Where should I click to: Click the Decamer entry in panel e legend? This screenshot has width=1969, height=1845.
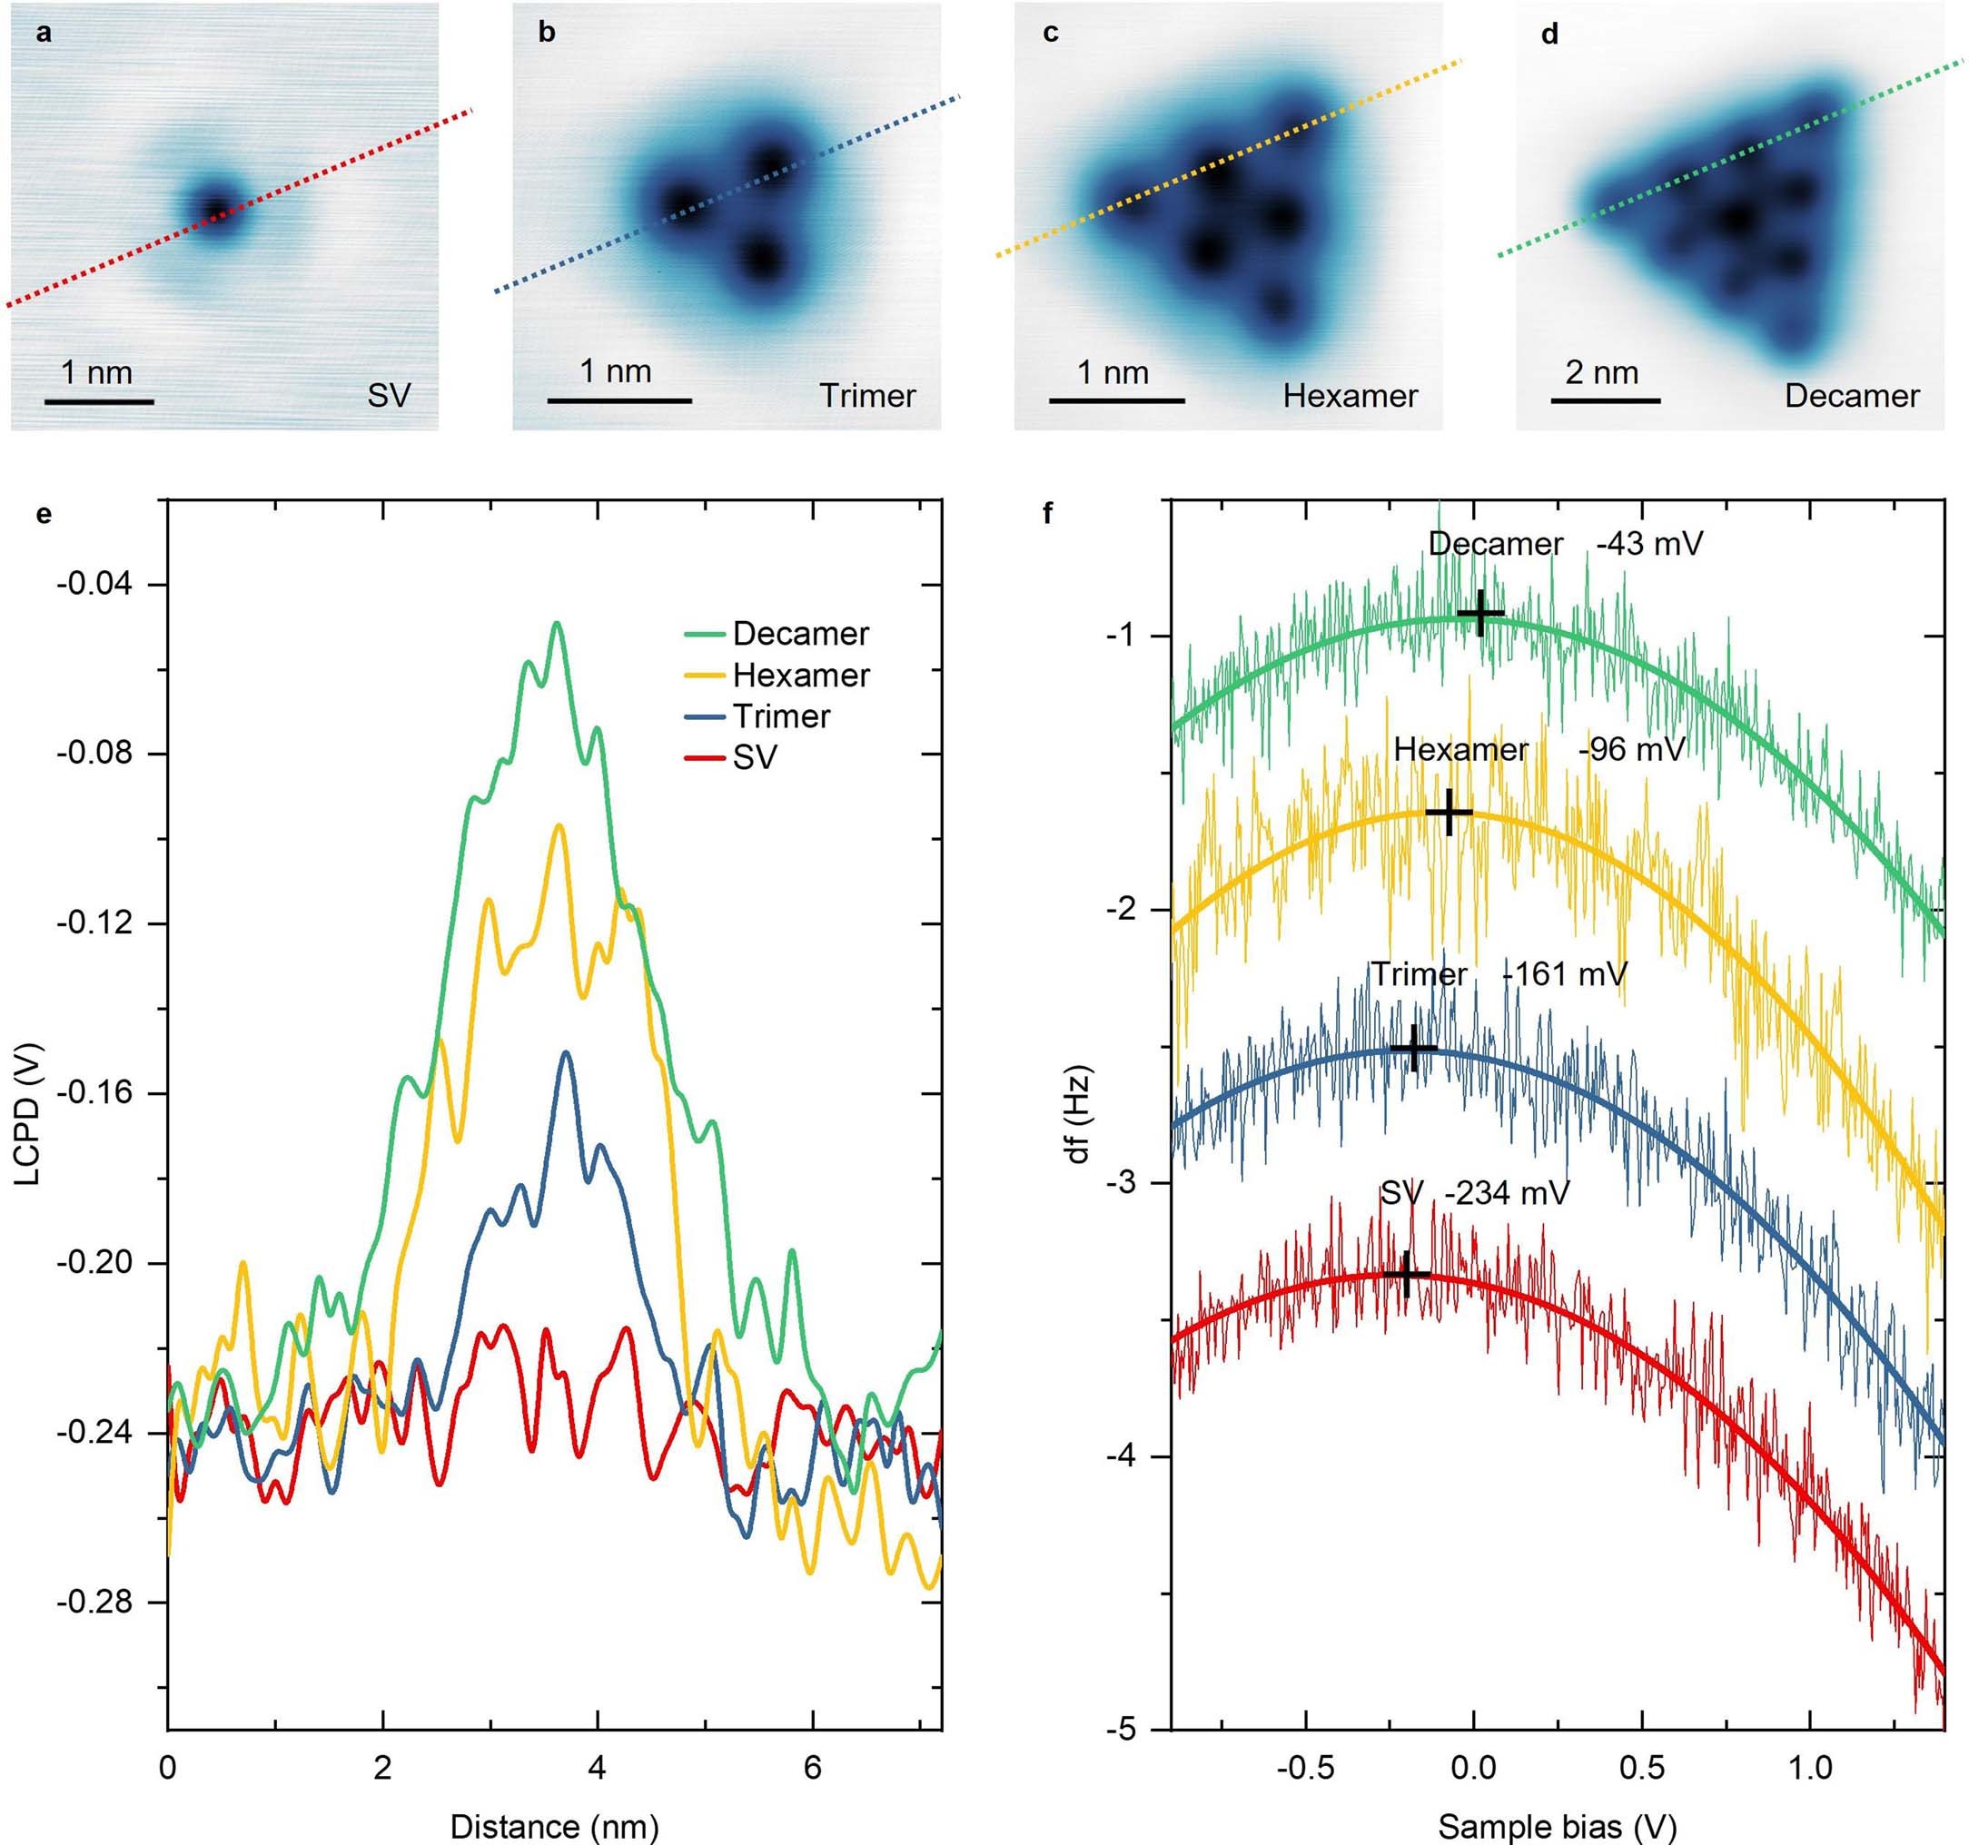click(800, 634)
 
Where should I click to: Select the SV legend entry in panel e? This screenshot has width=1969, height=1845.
click(755, 758)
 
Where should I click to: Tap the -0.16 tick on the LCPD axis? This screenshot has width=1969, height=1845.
click(95, 1093)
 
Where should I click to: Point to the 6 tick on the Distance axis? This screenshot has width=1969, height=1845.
click(812, 1767)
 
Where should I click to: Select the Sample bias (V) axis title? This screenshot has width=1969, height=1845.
click(1557, 1826)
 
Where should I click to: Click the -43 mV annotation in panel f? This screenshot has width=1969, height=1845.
click(1649, 544)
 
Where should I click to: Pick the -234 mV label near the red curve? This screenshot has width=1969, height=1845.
click(1507, 1193)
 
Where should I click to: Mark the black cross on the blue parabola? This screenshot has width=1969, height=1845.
click(1414, 1048)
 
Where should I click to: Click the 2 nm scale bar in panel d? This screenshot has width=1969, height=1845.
click(1605, 401)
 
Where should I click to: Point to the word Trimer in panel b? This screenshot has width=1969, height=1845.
click(867, 396)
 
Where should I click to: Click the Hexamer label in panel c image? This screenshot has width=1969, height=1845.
click(1350, 396)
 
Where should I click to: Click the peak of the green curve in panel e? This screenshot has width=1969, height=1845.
click(557, 624)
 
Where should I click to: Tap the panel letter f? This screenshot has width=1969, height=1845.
click(1048, 513)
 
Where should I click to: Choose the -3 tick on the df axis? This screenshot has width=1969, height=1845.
click(1129, 1183)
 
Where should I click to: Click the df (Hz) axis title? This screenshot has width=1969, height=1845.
click(1079, 1114)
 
